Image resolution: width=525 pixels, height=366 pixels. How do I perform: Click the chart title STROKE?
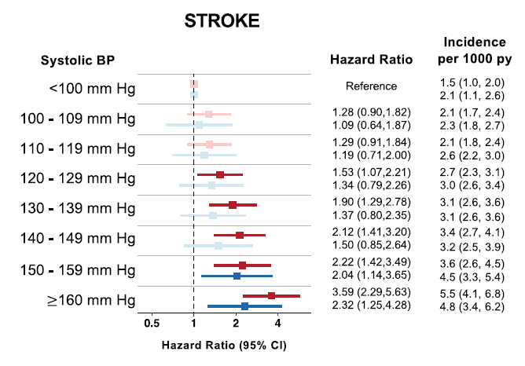click(x=222, y=21)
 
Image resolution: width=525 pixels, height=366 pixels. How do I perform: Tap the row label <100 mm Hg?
click(x=92, y=89)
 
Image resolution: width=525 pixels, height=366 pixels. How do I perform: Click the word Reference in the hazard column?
click(x=371, y=86)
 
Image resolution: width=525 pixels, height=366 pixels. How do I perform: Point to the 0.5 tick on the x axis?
click(x=152, y=323)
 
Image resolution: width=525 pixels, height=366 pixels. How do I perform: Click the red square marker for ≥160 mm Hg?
click(x=271, y=295)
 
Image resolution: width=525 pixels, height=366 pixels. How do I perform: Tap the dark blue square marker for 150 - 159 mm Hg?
click(x=237, y=276)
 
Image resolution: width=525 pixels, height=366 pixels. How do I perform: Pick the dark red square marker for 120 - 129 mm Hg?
click(x=219, y=174)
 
